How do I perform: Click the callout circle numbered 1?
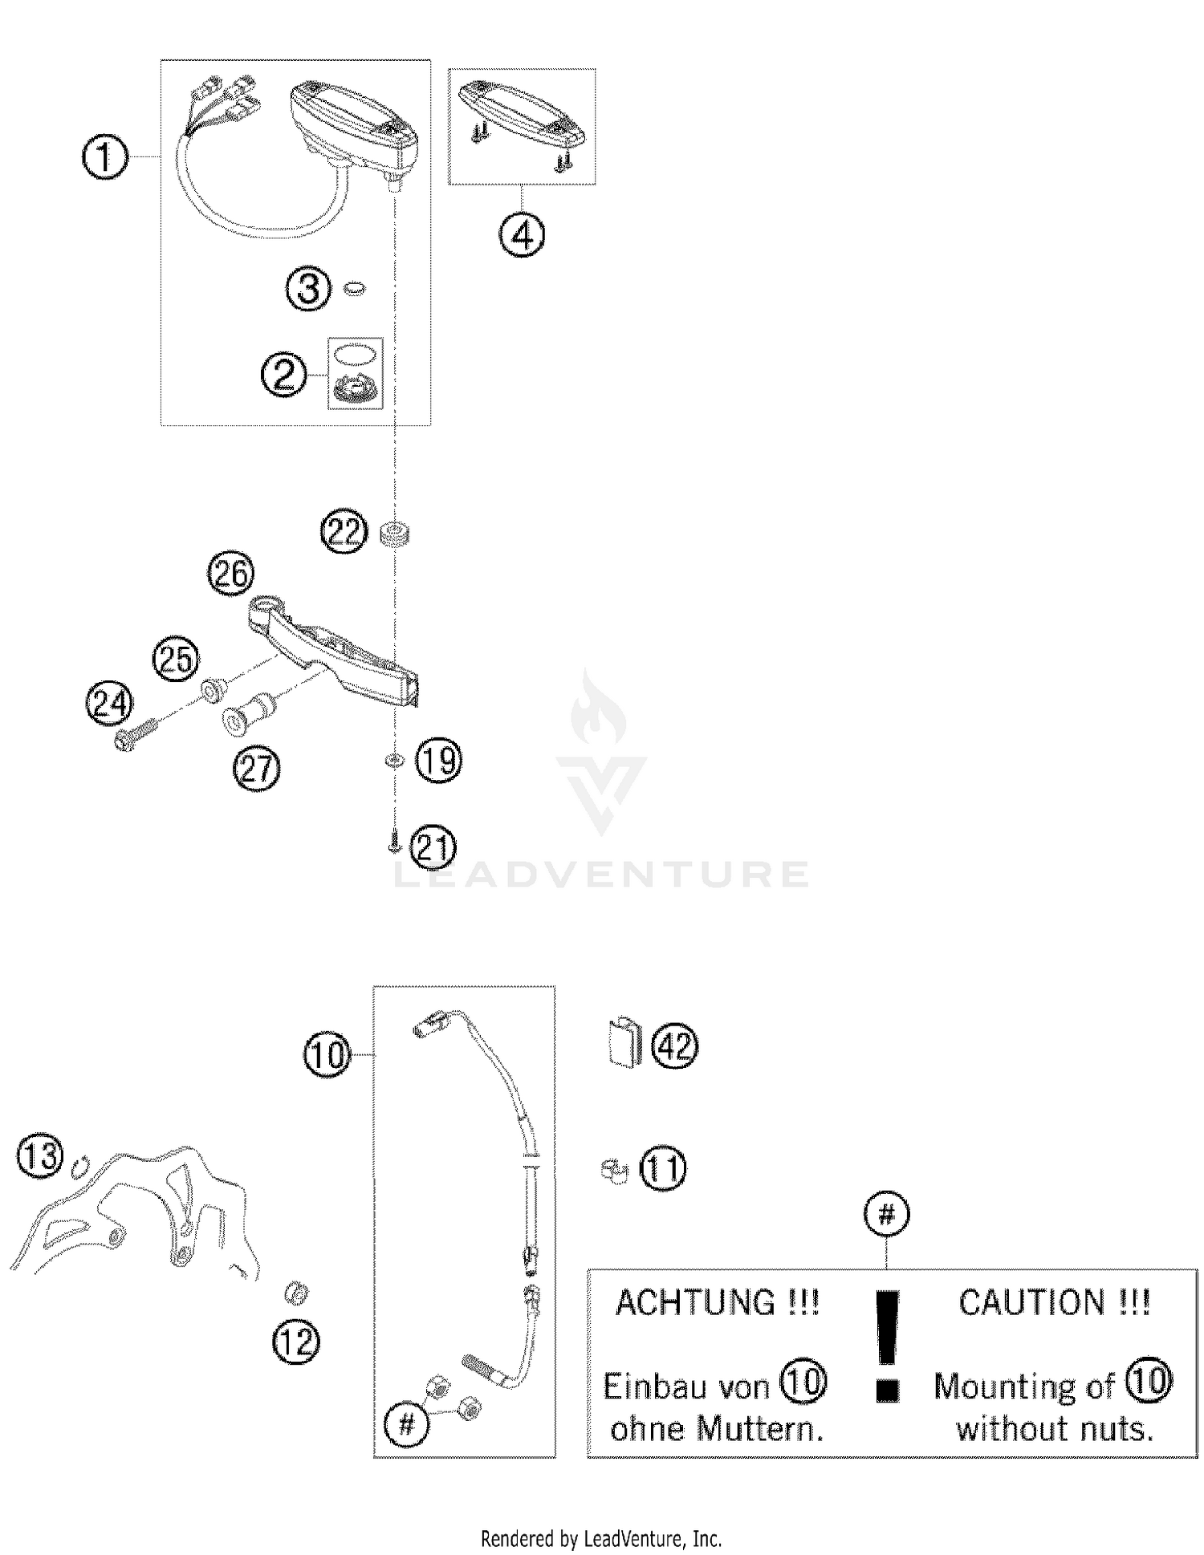105,157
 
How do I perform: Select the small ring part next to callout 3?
354,288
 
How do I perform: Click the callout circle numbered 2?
284,375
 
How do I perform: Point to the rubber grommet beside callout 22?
395,534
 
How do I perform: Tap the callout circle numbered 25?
176,659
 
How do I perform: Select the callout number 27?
257,769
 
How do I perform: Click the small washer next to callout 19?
393,759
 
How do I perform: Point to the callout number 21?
433,847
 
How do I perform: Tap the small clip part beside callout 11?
614,1171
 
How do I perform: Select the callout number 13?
40,1156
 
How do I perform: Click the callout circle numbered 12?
296,1342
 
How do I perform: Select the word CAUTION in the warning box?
1032,1302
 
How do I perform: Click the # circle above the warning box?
886,1215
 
